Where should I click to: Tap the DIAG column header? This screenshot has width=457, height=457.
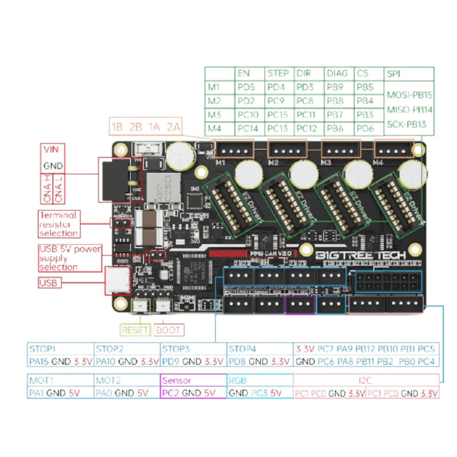(x=336, y=74)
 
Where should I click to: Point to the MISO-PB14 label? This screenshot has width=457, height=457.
(x=409, y=108)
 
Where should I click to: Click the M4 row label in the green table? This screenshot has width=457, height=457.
(x=214, y=127)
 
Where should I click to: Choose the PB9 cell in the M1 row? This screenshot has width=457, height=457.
(x=336, y=87)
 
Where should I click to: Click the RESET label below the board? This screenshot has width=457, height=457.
(x=135, y=330)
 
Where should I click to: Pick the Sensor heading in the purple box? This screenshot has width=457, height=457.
(x=177, y=380)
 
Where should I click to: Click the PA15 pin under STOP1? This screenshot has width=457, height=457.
(x=38, y=361)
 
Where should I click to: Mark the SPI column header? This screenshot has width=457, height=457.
(x=394, y=74)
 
